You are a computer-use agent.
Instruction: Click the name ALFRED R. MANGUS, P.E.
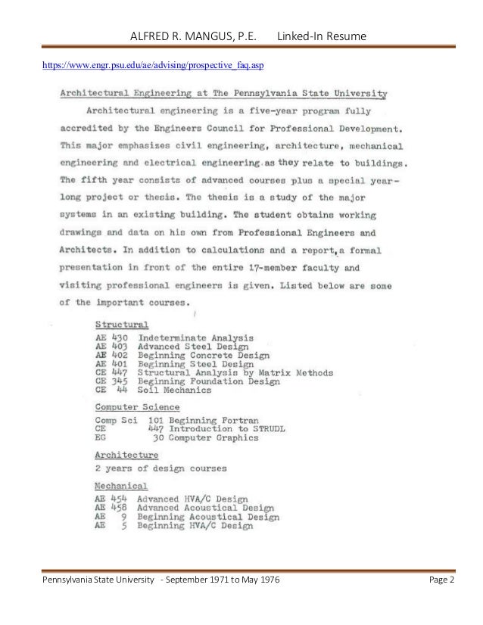pyautogui.click(x=194, y=36)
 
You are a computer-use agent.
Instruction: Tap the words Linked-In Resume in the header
pyautogui.click(x=323, y=36)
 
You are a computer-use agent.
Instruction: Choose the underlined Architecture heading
pyautogui.click(x=126, y=455)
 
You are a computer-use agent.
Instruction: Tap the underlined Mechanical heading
pyautogui.click(x=121, y=484)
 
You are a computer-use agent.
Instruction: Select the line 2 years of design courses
pyautogui.click(x=160, y=469)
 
